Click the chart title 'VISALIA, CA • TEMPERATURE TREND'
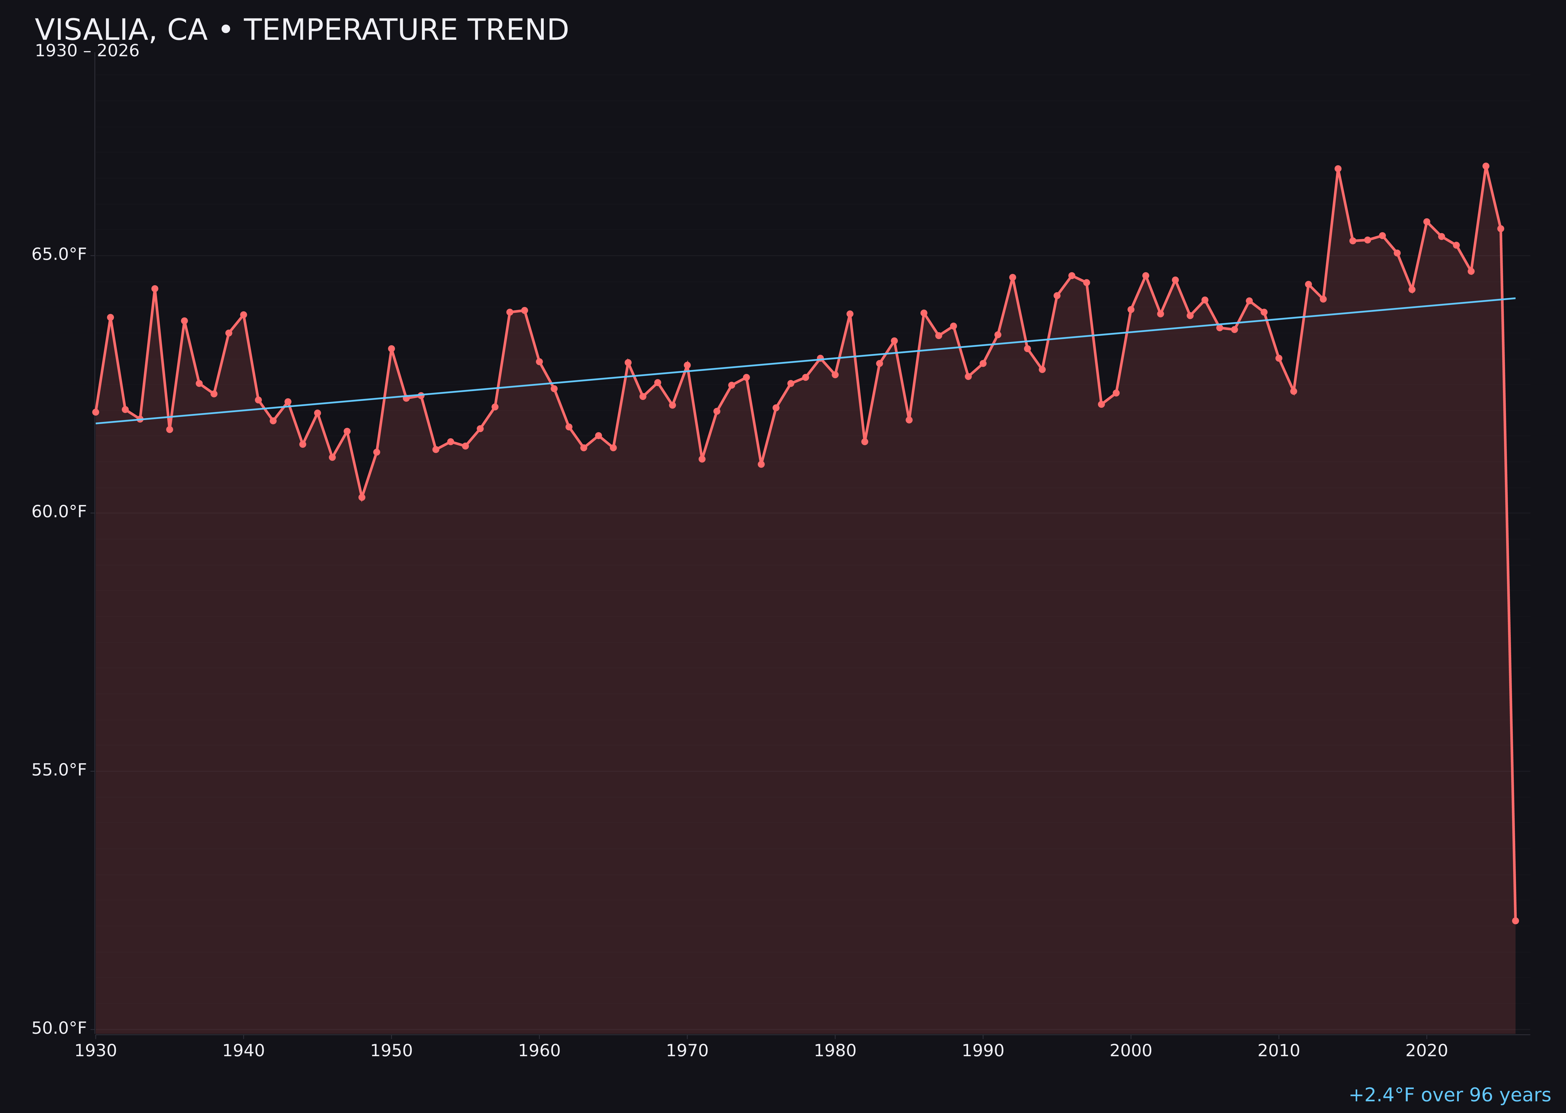tap(302, 30)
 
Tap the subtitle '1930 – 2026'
tap(87, 51)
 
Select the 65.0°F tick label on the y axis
tap(59, 255)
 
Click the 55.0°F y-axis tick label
tap(59, 770)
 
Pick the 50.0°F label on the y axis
tap(59, 1028)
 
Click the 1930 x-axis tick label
tap(95, 1051)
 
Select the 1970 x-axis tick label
tap(687, 1051)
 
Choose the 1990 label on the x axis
tap(983, 1051)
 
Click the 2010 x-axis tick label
tap(1279, 1051)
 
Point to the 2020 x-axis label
tap(1427, 1051)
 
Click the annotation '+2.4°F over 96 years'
tap(1449, 1095)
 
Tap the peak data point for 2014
tap(1338, 169)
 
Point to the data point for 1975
tap(761, 465)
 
